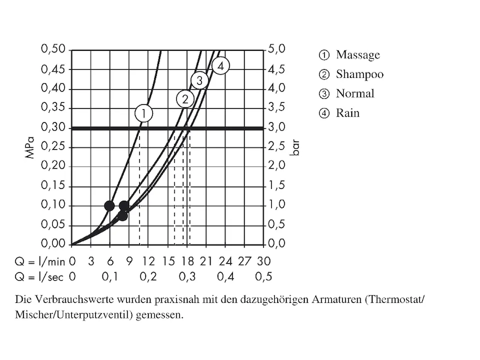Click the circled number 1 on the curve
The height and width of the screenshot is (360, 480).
pyautogui.click(x=144, y=113)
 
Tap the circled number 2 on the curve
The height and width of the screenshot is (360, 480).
pyautogui.click(x=185, y=99)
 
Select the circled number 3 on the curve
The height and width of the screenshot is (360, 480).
pyautogui.click(x=200, y=80)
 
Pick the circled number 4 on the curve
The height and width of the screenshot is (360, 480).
pyautogui.click(x=220, y=66)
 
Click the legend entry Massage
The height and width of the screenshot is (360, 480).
pyautogui.click(x=358, y=55)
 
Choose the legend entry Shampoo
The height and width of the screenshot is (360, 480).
pyautogui.click(x=359, y=74)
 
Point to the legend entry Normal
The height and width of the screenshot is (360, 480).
pyautogui.click(x=355, y=94)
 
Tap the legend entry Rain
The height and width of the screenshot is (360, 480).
pyautogui.click(x=347, y=113)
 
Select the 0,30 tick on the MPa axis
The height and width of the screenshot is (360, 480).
pyautogui.click(x=53, y=127)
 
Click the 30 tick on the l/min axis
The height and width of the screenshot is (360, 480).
pyautogui.click(x=263, y=262)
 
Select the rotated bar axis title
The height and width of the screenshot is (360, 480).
pyautogui.click(x=294, y=147)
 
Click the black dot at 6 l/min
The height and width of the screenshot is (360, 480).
pyautogui.click(x=109, y=206)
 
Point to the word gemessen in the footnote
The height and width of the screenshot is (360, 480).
pyautogui.click(x=161, y=315)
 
